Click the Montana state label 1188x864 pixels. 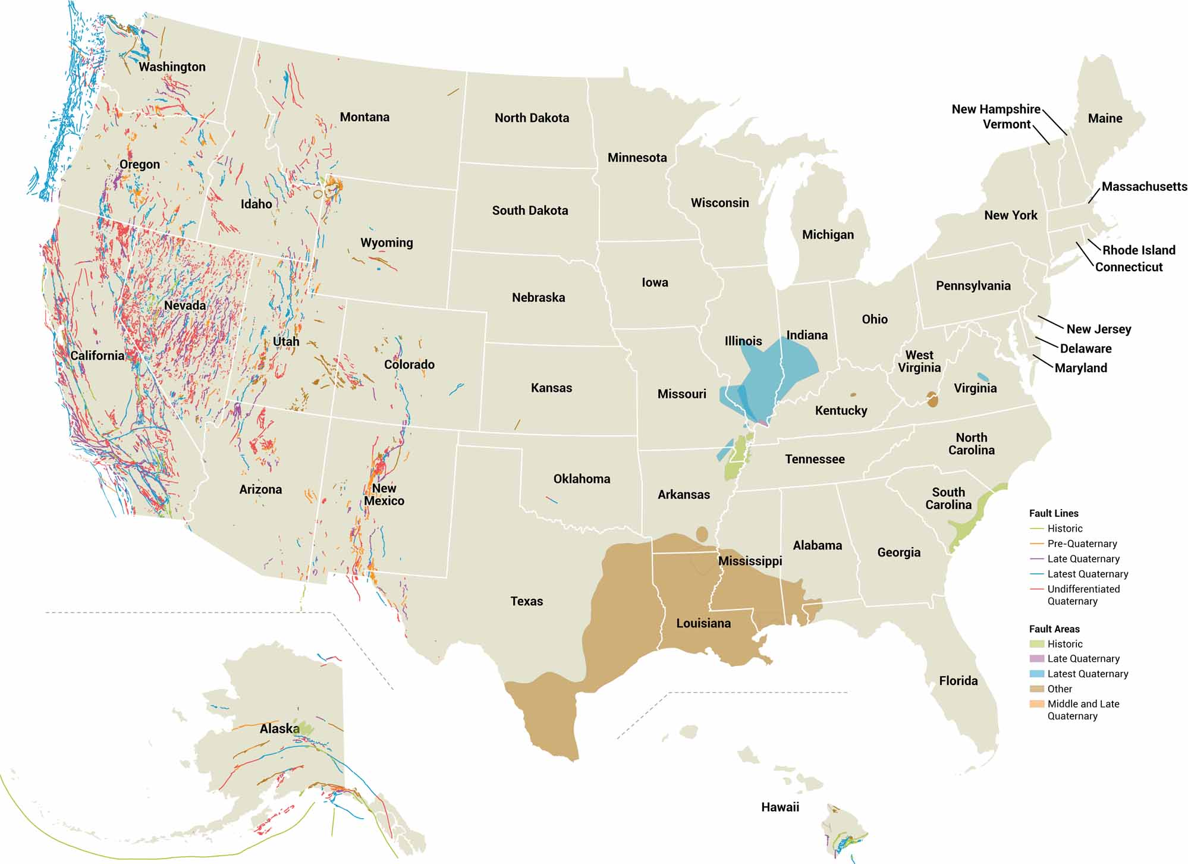pyautogui.click(x=364, y=117)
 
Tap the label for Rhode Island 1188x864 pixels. pyautogui.click(x=1139, y=250)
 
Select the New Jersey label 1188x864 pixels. pyautogui.click(x=1098, y=329)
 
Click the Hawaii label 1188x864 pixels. pyautogui.click(x=780, y=807)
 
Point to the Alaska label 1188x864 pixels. pyautogui.click(x=279, y=728)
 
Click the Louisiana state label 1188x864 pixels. pyautogui.click(x=703, y=623)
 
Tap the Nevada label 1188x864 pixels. pyautogui.click(x=185, y=305)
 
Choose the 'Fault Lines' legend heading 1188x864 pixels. pyautogui.click(x=1053, y=513)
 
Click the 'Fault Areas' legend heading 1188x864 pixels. pyautogui.click(x=1054, y=629)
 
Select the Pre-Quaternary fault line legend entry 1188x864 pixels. pyautogui.click(x=1082, y=543)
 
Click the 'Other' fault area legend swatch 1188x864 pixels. pyautogui.click(x=1037, y=689)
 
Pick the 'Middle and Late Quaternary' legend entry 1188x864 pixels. pyautogui.click(x=1083, y=709)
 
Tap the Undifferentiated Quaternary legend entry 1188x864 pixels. pyautogui.click(x=1083, y=595)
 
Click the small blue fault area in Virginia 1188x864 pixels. pyautogui.click(x=983, y=377)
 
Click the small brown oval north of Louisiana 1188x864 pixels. pyautogui.click(x=702, y=533)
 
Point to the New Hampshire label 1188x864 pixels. pyautogui.click(x=995, y=109)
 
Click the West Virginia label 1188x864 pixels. pyautogui.click(x=919, y=361)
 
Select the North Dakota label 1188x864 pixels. pyautogui.click(x=532, y=118)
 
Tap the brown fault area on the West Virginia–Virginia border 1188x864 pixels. pyautogui.click(x=932, y=400)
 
